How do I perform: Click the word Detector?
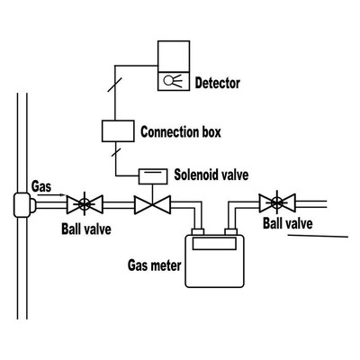[218, 84]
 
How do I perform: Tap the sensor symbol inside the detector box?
[172, 80]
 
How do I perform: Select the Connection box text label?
[181, 132]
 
